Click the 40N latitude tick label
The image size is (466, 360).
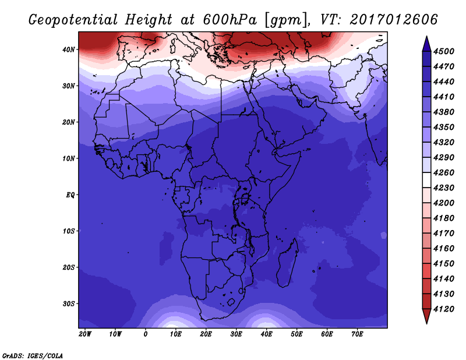pos(68,50)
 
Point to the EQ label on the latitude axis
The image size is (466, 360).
pos(70,195)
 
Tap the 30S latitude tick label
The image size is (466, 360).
pos(68,304)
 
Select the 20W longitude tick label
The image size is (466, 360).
pos(85,334)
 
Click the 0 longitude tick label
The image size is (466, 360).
pos(145,334)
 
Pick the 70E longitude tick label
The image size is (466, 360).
pos(357,334)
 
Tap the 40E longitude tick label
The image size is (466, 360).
pos(266,334)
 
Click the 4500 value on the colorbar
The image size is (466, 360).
pos(444,51)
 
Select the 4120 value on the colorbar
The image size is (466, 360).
pos(444,309)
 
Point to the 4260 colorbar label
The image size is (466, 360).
pos(444,172)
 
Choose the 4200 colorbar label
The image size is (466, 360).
pos(444,203)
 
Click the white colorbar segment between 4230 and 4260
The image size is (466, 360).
pos(427,180)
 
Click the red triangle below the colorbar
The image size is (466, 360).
pos(427,316)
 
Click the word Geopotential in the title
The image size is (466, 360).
pos(73,20)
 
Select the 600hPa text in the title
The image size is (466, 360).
pos(230,20)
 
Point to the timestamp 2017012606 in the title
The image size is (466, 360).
pos(394,20)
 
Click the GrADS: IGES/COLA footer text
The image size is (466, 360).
pos(33,356)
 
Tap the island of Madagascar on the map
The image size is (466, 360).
pos(288,263)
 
